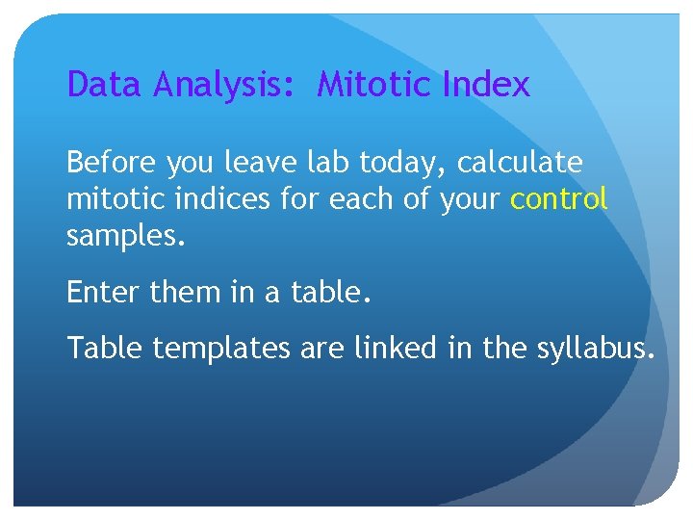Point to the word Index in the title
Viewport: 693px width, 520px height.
(486, 86)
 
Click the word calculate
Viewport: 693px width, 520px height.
(520, 163)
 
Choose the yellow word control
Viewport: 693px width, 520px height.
(559, 199)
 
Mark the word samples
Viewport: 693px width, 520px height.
(123, 236)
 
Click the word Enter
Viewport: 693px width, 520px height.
(105, 292)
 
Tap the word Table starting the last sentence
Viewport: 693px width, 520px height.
(105, 348)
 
